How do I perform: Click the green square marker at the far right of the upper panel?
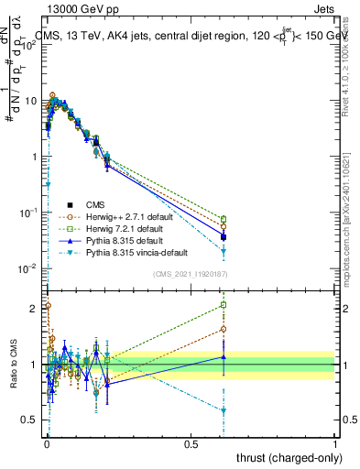click(x=224, y=219)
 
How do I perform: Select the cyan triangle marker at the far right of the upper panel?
click(x=224, y=251)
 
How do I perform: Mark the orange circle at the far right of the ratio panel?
click(x=224, y=329)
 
